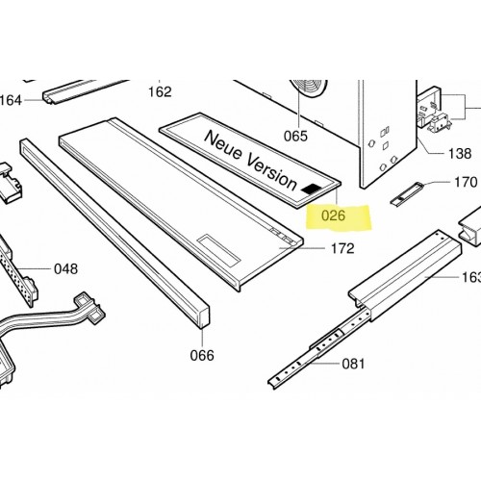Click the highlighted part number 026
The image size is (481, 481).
(x=334, y=215)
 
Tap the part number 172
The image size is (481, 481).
(x=342, y=248)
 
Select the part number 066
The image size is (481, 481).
(x=202, y=355)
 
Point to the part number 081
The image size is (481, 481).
(x=353, y=364)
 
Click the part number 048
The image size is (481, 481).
(x=66, y=269)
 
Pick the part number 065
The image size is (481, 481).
(x=295, y=136)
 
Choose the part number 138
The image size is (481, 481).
(x=460, y=154)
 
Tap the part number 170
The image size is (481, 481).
(x=466, y=182)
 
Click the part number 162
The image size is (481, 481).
(x=160, y=92)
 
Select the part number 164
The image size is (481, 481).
(x=11, y=100)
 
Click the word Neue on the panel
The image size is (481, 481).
(x=223, y=146)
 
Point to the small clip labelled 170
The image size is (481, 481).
(x=406, y=192)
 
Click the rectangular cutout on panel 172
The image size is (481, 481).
(x=218, y=250)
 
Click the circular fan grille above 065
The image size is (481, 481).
(x=309, y=88)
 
